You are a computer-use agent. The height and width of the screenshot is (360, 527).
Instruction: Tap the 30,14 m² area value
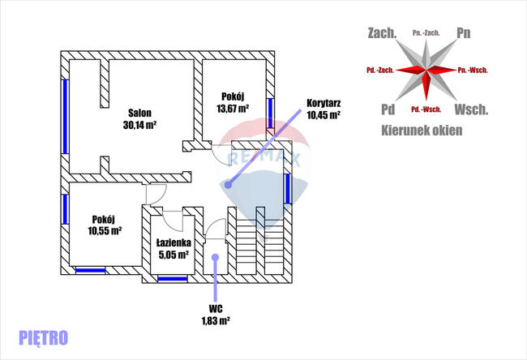tap(139, 125)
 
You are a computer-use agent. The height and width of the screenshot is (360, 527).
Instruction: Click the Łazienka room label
tap(174, 242)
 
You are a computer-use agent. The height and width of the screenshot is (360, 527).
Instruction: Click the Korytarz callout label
tap(323, 103)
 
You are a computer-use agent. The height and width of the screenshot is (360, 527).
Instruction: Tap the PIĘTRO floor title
tap(43, 336)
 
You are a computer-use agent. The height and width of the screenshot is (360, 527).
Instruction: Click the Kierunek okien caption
tap(421, 129)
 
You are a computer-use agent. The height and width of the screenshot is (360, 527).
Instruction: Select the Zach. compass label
tap(382, 33)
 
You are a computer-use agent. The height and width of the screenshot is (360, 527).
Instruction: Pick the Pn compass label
tap(464, 33)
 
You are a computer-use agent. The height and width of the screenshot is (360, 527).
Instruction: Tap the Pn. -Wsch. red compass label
tap(473, 70)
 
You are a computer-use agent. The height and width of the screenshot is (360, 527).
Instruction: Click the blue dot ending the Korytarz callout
tap(228, 185)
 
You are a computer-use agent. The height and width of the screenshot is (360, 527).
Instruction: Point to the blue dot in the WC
tap(215, 258)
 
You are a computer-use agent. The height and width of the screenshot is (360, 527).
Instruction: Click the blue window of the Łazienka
tap(173, 279)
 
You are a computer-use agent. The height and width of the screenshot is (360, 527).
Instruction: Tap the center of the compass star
tap(426, 71)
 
